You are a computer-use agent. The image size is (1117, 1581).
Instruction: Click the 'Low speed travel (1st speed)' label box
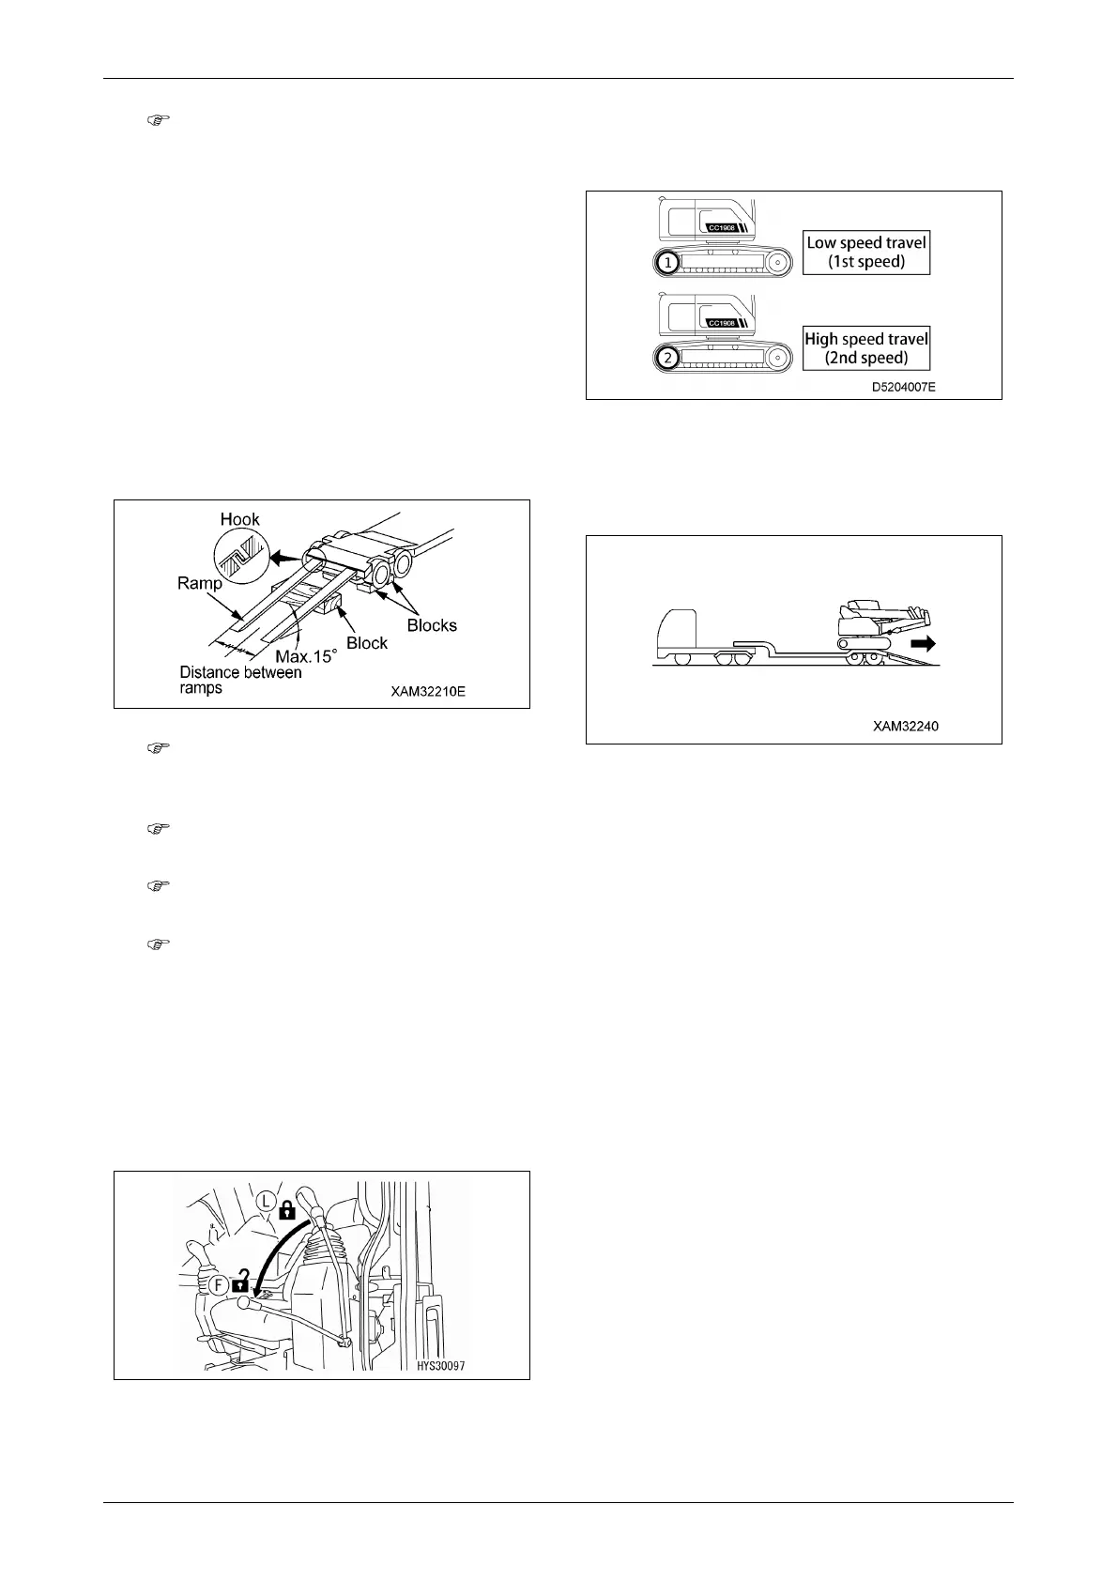tap(865, 253)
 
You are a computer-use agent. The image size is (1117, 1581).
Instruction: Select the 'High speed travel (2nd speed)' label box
tap(865, 348)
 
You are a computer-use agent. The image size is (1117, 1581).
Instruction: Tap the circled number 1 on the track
tap(666, 264)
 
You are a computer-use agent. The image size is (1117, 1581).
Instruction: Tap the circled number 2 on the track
tap(666, 358)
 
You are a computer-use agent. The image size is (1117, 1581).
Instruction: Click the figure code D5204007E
tap(903, 386)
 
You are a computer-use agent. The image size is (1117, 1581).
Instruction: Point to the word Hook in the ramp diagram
tap(239, 519)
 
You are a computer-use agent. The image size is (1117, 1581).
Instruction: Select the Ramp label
tap(200, 583)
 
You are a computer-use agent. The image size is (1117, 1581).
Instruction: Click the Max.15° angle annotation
tap(305, 656)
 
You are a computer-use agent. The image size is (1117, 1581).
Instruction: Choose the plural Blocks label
tap(432, 625)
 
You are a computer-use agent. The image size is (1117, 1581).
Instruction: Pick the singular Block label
tap(367, 643)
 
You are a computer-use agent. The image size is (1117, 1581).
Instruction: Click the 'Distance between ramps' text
tap(240, 680)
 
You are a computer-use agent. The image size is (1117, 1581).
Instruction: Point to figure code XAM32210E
tap(428, 692)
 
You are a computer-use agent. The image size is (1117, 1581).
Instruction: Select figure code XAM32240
tap(904, 726)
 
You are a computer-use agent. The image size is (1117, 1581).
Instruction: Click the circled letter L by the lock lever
tap(267, 1201)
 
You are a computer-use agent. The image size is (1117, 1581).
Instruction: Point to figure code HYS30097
tap(440, 1366)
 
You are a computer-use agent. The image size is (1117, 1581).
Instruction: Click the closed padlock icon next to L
tap(288, 1211)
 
